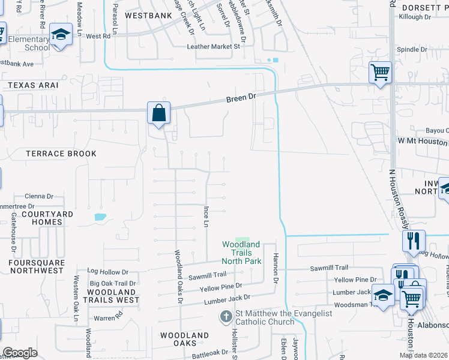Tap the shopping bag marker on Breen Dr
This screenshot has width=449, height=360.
[158, 113]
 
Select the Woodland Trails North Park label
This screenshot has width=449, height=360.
[241, 253]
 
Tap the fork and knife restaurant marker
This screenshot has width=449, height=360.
[413, 241]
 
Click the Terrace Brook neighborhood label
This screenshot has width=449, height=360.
[61, 154]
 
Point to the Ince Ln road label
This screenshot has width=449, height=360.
[205, 216]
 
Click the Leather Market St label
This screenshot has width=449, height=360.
[214, 46]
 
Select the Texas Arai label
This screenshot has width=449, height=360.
[33, 85]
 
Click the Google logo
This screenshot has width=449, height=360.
[20, 353]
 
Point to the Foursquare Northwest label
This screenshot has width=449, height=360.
[36, 266]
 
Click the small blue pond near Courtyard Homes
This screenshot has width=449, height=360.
[100, 216]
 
